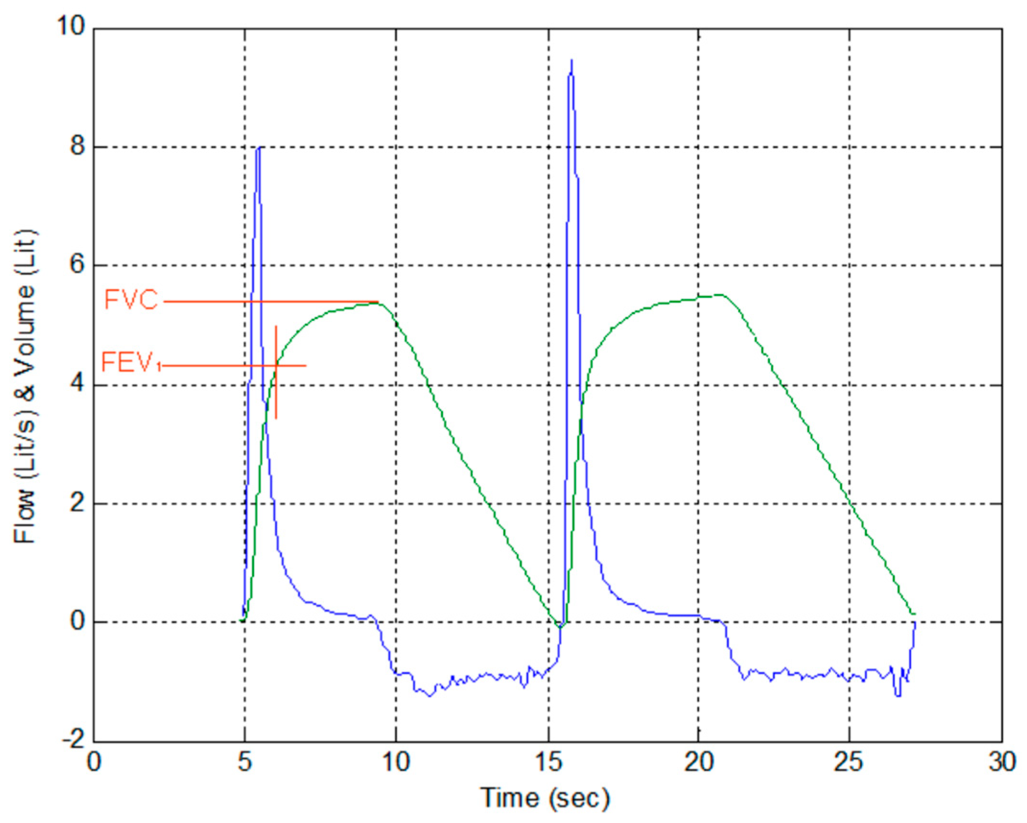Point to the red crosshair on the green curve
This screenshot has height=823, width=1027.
tap(276, 365)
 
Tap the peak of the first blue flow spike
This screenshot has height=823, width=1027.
tap(258, 148)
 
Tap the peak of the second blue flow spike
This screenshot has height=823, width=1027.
tap(571, 61)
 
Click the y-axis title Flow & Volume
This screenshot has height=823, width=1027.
tap(25, 386)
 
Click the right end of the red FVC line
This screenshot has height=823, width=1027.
tap(378, 302)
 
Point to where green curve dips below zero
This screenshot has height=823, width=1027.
tap(559, 626)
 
